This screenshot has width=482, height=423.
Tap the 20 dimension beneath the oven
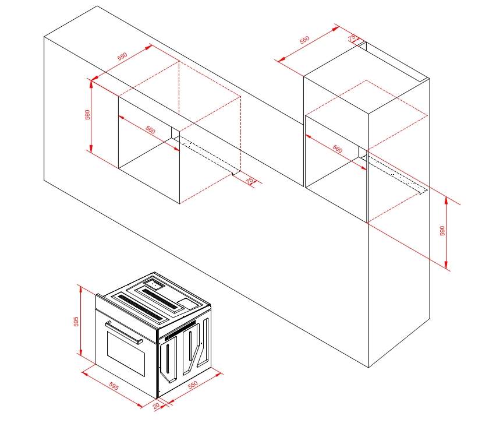(156, 406)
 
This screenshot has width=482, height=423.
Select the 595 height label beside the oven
(76, 322)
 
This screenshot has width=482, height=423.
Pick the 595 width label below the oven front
(114, 386)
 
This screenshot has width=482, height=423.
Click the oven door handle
(124, 332)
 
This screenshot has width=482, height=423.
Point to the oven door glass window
(126, 353)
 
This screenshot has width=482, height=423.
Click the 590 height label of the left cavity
(87, 115)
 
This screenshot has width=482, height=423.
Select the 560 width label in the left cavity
(150, 130)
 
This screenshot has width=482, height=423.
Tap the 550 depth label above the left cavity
(122, 57)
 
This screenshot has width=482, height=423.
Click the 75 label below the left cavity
(250, 181)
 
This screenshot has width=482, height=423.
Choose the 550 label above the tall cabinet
(304, 40)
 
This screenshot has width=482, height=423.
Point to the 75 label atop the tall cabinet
(352, 38)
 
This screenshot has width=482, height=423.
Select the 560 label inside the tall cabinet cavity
(337, 149)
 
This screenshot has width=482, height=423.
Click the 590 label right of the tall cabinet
(442, 230)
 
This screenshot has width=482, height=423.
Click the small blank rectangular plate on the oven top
(187, 303)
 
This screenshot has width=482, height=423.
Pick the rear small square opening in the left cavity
(175, 133)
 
